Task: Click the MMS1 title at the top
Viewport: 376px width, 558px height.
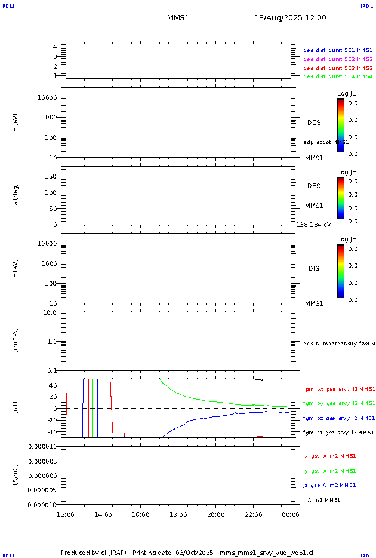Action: (x=178, y=18)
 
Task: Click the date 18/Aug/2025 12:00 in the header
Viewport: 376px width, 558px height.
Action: (x=290, y=18)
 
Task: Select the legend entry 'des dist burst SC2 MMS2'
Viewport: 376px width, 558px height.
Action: (x=338, y=59)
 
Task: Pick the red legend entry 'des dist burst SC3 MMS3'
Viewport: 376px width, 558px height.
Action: (x=338, y=68)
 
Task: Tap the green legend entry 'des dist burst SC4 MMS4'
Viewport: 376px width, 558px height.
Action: (x=338, y=76)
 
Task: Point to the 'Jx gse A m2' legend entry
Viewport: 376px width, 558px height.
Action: (x=329, y=456)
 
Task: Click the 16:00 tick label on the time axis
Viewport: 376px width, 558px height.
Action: (x=140, y=514)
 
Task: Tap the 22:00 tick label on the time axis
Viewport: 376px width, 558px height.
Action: (x=253, y=514)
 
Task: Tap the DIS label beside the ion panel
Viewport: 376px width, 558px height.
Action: (x=313, y=268)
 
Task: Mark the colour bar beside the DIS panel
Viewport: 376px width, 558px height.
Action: (x=340, y=271)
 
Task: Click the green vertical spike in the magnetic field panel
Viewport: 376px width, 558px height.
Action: (x=93, y=400)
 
